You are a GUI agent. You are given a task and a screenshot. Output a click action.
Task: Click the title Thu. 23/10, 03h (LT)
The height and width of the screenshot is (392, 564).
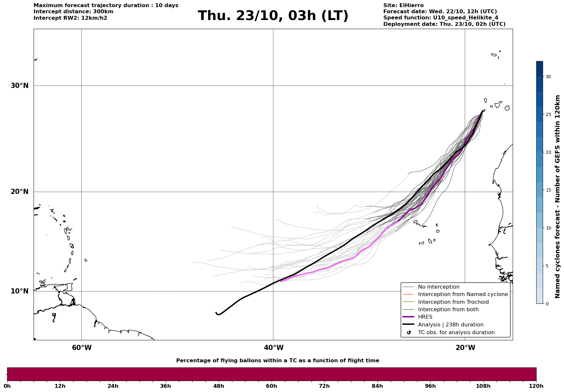point(273,16)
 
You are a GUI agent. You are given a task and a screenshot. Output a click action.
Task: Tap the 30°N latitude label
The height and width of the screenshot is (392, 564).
point(20,86)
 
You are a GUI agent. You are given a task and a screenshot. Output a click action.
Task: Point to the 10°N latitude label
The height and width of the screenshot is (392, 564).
point(20,291)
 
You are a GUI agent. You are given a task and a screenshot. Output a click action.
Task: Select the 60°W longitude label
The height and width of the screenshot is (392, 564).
point(82,348)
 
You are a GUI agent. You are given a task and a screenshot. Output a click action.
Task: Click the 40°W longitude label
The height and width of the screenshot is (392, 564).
point(274,348)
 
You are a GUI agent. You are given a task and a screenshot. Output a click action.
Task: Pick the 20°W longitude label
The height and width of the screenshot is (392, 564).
point(465,348)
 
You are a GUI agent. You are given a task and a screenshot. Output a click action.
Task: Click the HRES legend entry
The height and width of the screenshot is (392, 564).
point(425,317)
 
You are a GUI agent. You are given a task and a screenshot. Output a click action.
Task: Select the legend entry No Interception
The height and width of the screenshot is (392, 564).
point(438,287)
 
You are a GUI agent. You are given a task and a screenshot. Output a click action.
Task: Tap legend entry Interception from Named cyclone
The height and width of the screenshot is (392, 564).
point(463,294)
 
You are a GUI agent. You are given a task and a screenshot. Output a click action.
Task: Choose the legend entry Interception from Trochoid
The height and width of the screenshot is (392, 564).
point(453,302)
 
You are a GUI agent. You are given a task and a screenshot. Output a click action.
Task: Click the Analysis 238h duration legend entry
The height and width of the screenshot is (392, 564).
point(450,325)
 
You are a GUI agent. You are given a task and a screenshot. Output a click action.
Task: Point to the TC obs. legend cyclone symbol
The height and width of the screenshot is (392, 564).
point(409,333)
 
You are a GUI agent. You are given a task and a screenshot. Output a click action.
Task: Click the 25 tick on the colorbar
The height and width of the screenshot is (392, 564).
point(548,114)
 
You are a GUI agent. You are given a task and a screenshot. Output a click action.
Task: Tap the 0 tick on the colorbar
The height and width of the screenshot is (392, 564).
point(547,304)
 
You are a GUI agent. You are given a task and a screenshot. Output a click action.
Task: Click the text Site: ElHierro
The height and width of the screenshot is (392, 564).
point(403,5)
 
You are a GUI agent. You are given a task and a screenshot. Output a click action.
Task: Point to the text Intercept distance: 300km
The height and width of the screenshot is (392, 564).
point(74,12)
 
